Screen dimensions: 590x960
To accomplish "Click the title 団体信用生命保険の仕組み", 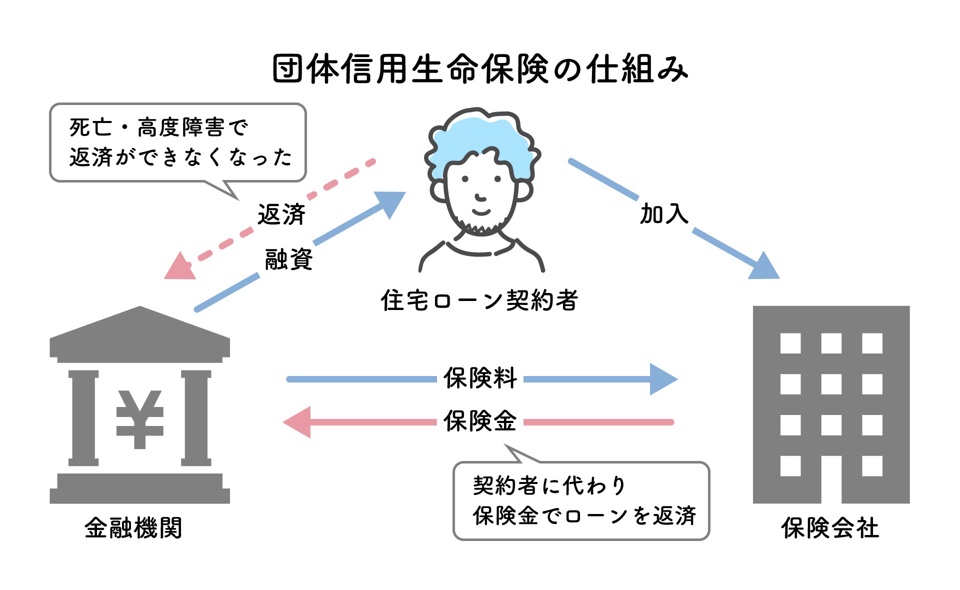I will [x=480, y=69].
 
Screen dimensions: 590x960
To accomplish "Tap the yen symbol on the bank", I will [x=139, y=419].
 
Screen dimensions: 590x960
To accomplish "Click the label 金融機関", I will [x=133, y=528].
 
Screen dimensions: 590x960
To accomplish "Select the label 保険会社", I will [x=830, y=528].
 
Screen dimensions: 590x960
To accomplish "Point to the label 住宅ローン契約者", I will [x=479, y=300].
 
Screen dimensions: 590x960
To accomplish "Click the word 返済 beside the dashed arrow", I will [x=281, y=214].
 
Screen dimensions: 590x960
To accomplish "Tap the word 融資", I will [x=288, y=259].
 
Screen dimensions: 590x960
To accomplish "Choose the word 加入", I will [x=664, y=213].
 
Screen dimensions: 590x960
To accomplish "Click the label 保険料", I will [x=480, y=378].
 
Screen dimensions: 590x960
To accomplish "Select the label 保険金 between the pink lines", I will [x=480, y=421].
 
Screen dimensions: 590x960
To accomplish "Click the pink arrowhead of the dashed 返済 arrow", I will [x=179, y=268].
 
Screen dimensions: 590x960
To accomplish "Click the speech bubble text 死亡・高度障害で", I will [x=158, y=127].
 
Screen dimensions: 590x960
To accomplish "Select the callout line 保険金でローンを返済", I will [x=584, y=515].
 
